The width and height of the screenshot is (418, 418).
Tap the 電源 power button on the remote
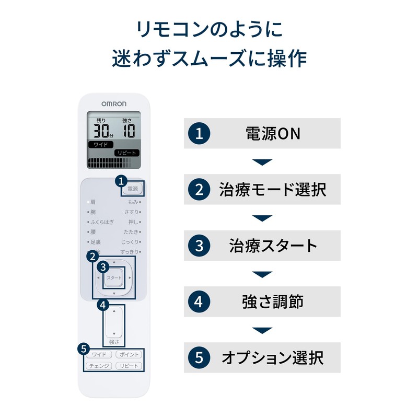coord(133,189)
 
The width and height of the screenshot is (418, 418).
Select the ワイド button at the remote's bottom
coord(99,354)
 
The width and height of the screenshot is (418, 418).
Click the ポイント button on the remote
coord(127,354)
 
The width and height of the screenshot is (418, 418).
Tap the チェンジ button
coord(99,366)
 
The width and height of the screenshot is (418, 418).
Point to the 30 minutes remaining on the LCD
coord(99,131)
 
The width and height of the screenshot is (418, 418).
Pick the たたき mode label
coord(131,232)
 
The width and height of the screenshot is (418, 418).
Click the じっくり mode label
coord(130,242)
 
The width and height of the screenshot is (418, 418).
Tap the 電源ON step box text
coord(273,133)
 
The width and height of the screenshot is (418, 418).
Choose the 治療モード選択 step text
coord(272,189)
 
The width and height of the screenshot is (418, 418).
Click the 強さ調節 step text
coord(272,301)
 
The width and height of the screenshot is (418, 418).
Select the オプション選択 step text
coord(272,358)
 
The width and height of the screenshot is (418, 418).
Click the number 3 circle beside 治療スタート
coord(199,246)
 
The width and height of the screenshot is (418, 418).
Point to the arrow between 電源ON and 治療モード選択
coord(262,161)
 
